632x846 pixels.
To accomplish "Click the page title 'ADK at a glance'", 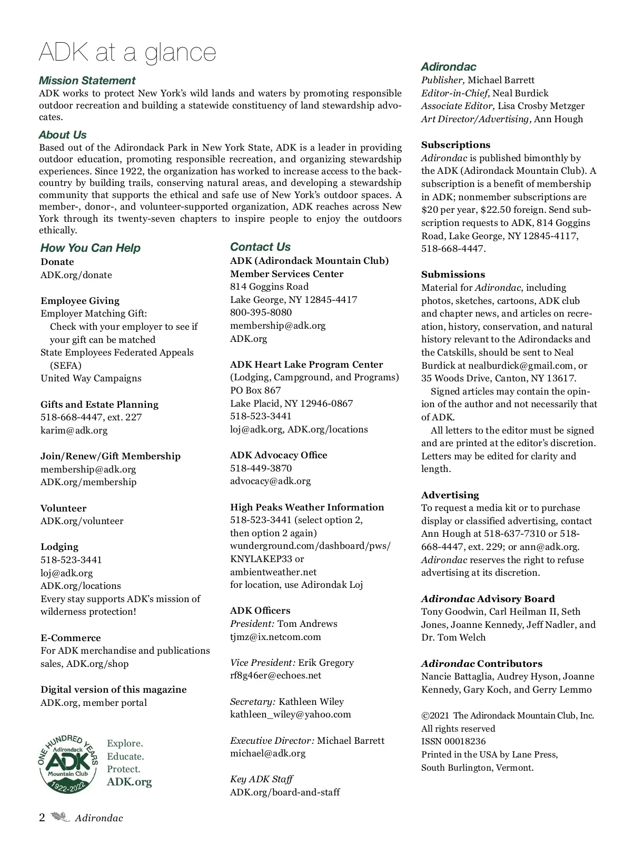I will pos(127,52).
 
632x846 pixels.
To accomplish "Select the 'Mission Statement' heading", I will pos(87,81).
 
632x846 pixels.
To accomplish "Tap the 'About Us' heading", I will pos(63,135).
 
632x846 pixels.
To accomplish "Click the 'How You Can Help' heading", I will pos(90,248).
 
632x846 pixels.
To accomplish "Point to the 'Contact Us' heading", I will pos(260,247).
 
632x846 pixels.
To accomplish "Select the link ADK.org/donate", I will pos(76,275).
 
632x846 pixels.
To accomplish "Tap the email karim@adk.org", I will pos(74,430).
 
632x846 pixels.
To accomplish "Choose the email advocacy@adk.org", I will pos(270,481).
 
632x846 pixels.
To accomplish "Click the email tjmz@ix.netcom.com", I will pos(275,637).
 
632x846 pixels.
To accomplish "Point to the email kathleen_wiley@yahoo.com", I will pos(290,714).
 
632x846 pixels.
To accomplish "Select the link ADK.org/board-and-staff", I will pos(285,792).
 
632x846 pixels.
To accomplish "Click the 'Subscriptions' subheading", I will pos(456,145).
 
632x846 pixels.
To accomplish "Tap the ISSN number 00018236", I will pos(453,742).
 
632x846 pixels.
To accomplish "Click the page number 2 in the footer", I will pos(42,818).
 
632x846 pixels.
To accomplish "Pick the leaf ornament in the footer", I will pos(60,818).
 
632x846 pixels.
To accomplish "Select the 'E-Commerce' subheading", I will pos(71,638).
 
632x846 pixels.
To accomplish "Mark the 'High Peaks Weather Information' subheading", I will pos(307,507).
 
